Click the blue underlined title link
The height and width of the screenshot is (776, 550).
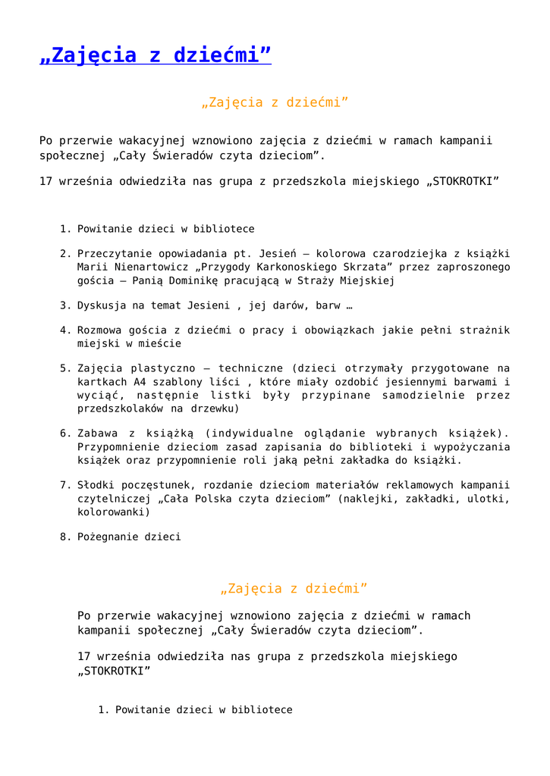(155, 55)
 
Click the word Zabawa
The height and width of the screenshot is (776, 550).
(96, 433)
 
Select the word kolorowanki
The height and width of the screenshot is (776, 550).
(112, 512)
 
